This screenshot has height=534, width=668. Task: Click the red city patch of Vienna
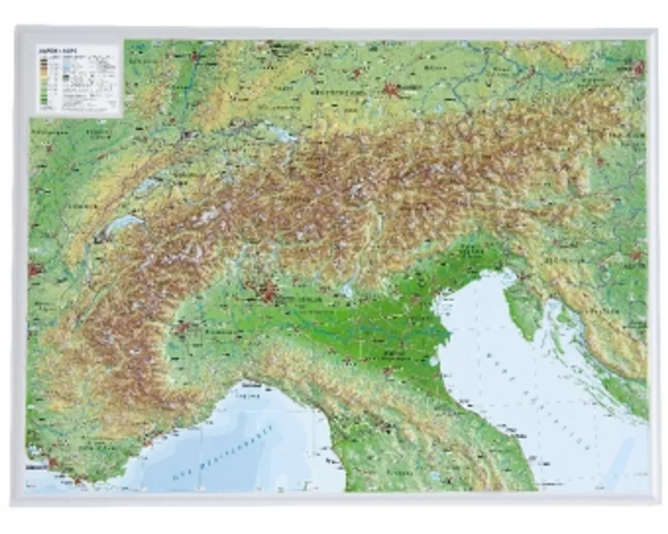(x=639, y=67)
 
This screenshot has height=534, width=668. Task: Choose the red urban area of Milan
(x=269, y=291)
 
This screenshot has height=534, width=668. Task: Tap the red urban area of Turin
(x=181, y=327)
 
